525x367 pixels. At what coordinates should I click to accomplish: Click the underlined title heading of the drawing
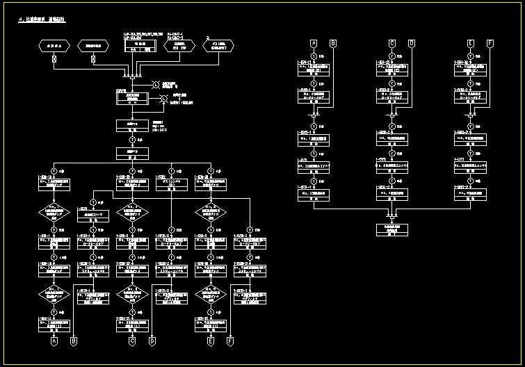40,20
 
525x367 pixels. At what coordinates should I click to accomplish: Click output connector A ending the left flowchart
54,341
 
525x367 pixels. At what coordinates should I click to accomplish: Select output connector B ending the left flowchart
74,341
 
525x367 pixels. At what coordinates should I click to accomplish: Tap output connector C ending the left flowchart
132,341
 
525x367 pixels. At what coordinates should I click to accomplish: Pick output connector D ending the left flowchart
152,341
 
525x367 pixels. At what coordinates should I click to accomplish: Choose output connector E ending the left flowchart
211,341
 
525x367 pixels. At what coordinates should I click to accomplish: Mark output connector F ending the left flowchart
230,341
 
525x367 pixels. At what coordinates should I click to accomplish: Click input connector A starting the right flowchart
313,44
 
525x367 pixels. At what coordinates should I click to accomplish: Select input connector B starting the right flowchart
332,44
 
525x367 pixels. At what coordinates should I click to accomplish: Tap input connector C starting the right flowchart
391,44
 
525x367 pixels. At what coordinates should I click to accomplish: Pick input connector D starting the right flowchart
411,44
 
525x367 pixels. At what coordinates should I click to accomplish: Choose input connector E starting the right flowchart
471,44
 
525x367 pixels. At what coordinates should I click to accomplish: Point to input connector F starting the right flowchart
490,44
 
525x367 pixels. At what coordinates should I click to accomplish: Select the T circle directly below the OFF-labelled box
132,139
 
